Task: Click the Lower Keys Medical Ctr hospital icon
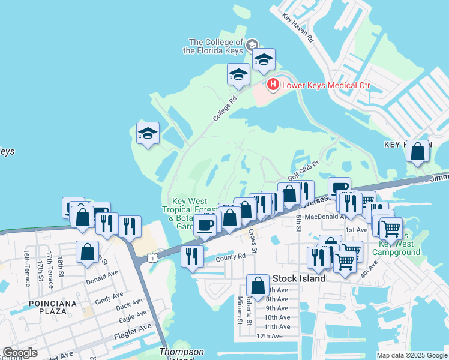pos(273,85)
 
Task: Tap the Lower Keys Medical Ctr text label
pos(327,85)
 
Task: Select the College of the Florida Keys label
pos(216,46)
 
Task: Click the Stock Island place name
pos(299,278)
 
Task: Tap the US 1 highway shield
pos(152,258)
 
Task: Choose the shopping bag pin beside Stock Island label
pos(258,286)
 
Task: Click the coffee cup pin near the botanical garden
pos(205,226)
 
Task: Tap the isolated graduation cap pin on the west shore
pos(147,134)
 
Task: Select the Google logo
pos(20,353)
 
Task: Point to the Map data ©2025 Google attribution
pos(411,355)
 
